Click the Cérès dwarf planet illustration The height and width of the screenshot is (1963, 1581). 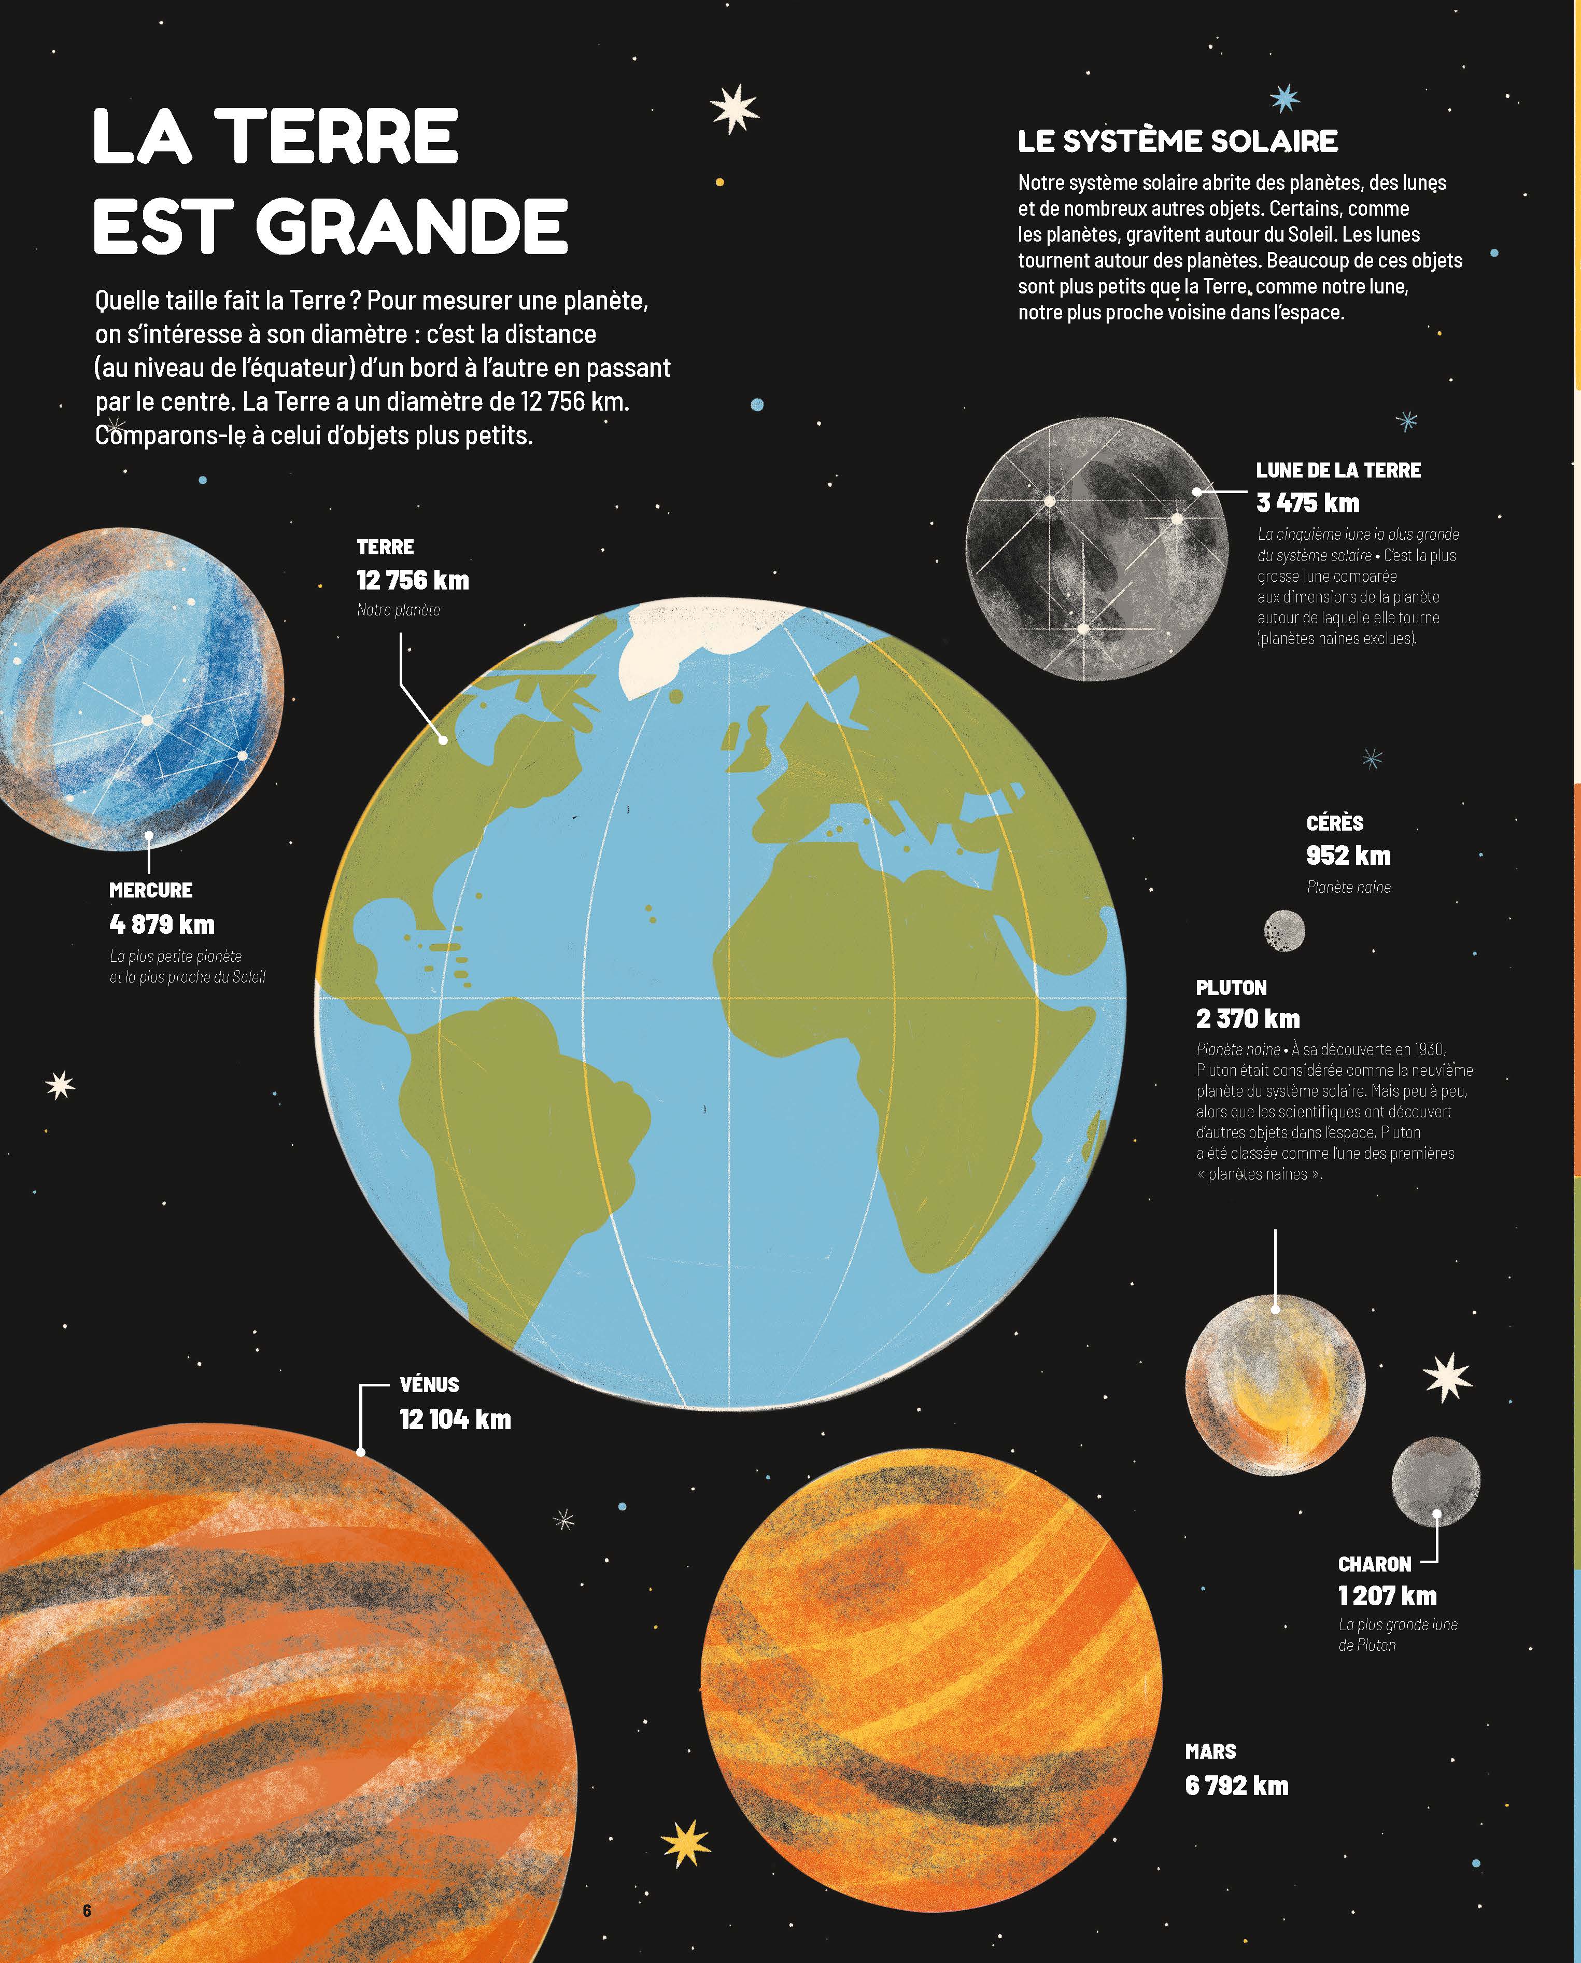[x=1284, y=931]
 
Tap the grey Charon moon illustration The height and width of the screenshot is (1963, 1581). [x=1435, y=1482]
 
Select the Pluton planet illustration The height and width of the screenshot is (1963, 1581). [x=1275, y=1384]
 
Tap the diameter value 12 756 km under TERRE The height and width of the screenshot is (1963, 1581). [x=413, y=580]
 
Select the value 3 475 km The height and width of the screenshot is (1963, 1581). [x=1308, y=503]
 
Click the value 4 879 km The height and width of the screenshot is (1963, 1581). [x=162, y=924]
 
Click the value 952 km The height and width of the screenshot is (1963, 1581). [x=1348, y=856]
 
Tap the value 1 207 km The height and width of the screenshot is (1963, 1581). [x=1387, y=1596]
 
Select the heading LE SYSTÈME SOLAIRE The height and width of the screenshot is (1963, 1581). [x=1178, y=141]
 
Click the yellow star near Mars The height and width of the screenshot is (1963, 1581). [x=686, y=1843]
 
